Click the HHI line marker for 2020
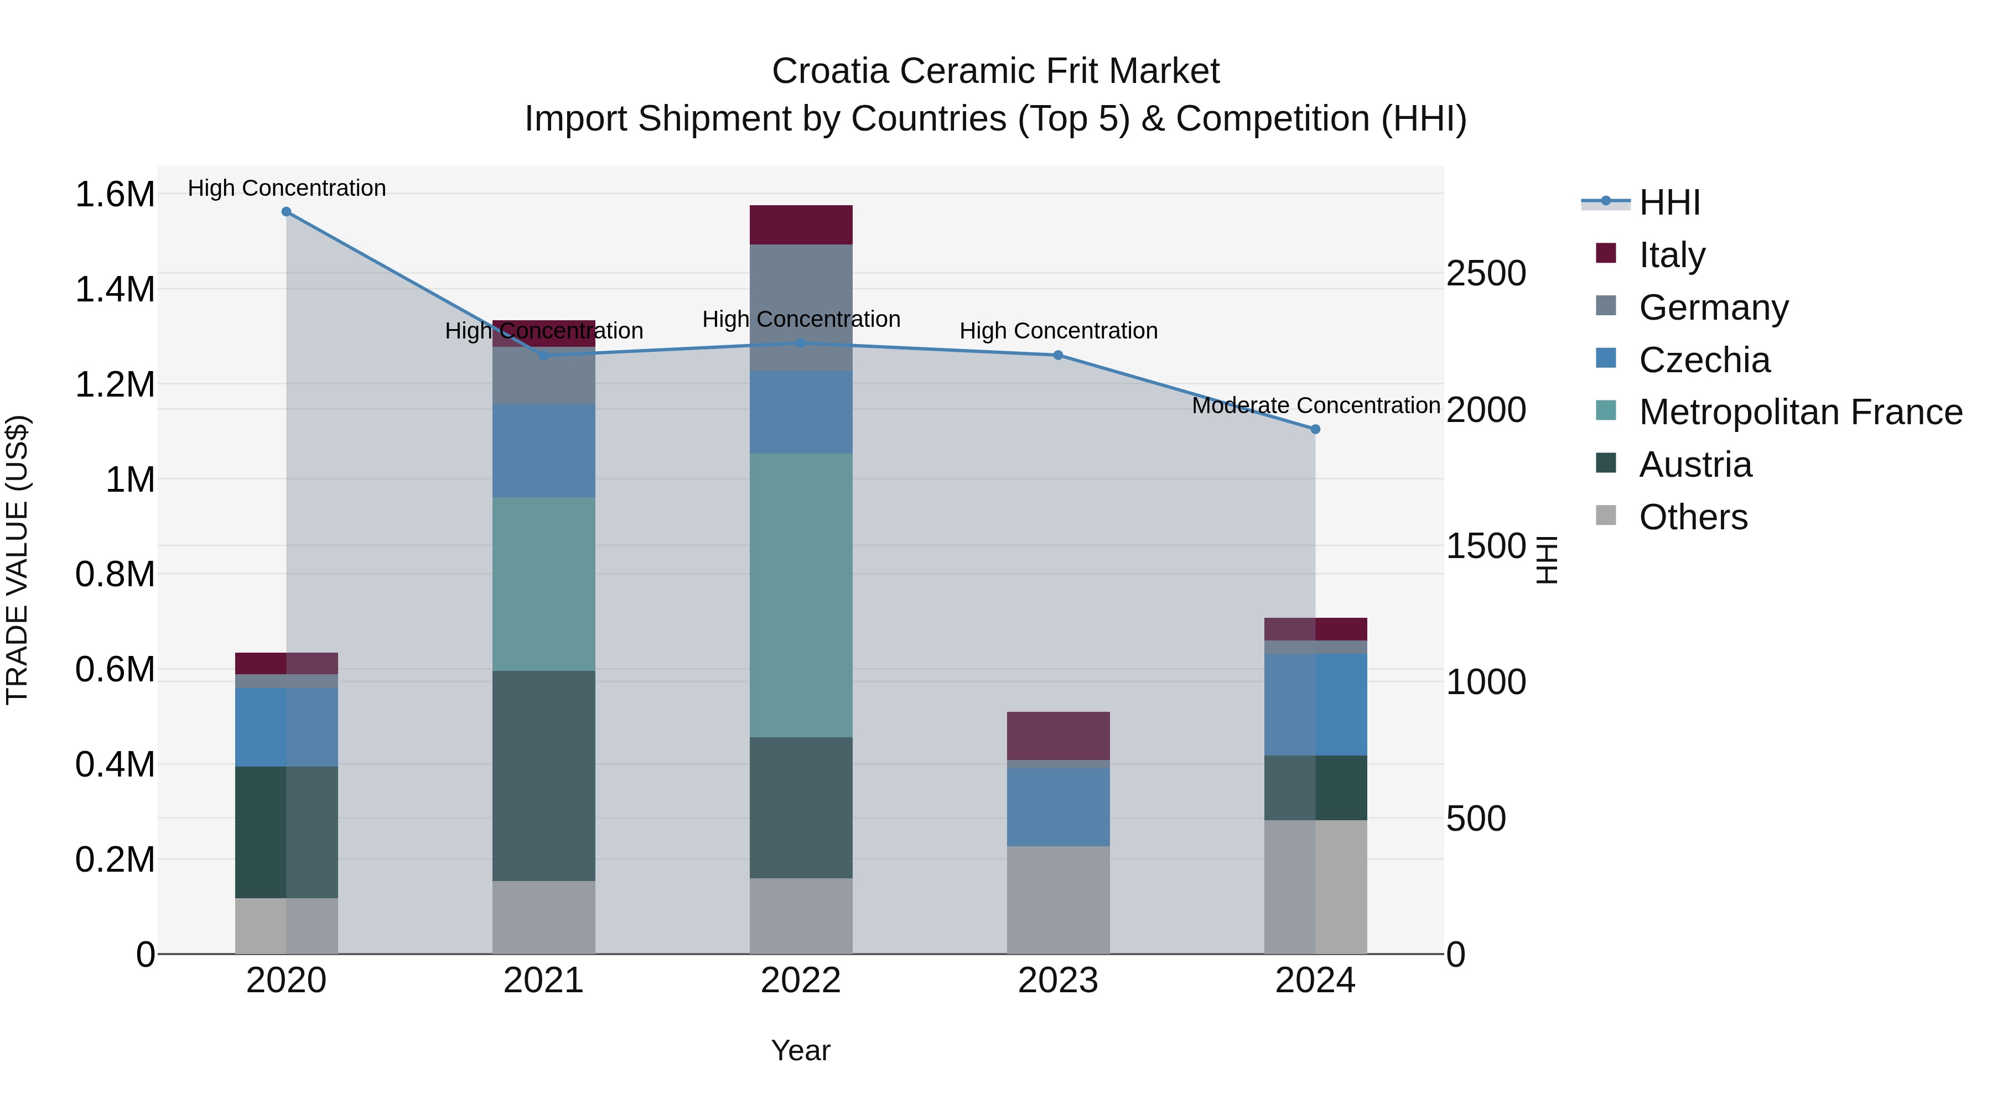point(286,212)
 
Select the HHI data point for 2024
point(1315,429)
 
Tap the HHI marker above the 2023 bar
point(1058,356)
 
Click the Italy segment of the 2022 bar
point(801,225)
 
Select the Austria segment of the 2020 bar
point(286,832)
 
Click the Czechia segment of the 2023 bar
point(1058,806)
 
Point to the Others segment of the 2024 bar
point(1315,887)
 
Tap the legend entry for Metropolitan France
point(1800,412)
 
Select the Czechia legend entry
point(1704,360)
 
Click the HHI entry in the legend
point(1669,202)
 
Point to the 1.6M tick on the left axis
point(115,194)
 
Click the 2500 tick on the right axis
point(1486,274)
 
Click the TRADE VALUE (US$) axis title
point(17,560)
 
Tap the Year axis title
point(800,1050)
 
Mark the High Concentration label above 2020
point(286,188)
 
